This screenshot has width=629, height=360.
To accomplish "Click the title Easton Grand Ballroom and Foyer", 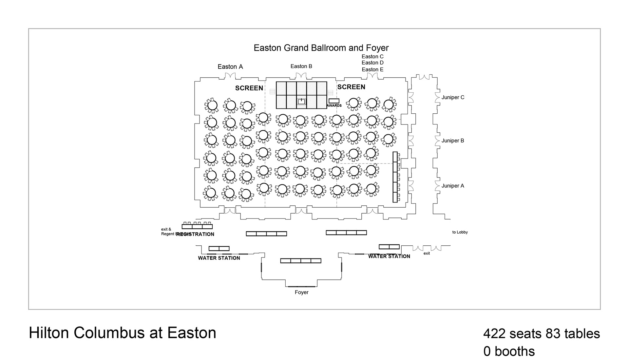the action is (321, 48).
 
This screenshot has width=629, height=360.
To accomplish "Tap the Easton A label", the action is (230, 67).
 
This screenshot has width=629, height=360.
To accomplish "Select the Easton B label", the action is (301, 66).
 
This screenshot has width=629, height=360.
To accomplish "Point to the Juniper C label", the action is (453, 97).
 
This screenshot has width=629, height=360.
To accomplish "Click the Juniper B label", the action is (453, 141).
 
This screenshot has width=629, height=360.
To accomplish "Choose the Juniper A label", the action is (453, 186).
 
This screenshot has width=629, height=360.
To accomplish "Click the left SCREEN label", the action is (249, 88).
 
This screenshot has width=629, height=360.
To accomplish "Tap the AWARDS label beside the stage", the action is (334, 106).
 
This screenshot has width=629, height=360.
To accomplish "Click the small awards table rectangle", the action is (334, 101).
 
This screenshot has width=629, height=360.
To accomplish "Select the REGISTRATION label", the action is (196, 234).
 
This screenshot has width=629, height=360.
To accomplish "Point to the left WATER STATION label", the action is (219, 258).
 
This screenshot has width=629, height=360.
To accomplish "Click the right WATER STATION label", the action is (389, 256).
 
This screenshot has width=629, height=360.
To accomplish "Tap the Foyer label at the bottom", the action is (301, 293).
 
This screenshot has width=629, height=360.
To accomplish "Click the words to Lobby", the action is (460, 232).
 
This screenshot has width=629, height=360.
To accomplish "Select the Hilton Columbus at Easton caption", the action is (123, 333).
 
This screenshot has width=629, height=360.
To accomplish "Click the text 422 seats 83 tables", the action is (541, 334).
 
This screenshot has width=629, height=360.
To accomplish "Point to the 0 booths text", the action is (509, 351).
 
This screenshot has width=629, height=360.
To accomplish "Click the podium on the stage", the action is (301, 102).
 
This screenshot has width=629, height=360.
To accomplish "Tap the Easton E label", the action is (372, 70).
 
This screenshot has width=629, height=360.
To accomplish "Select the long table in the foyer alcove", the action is (300, 261).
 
